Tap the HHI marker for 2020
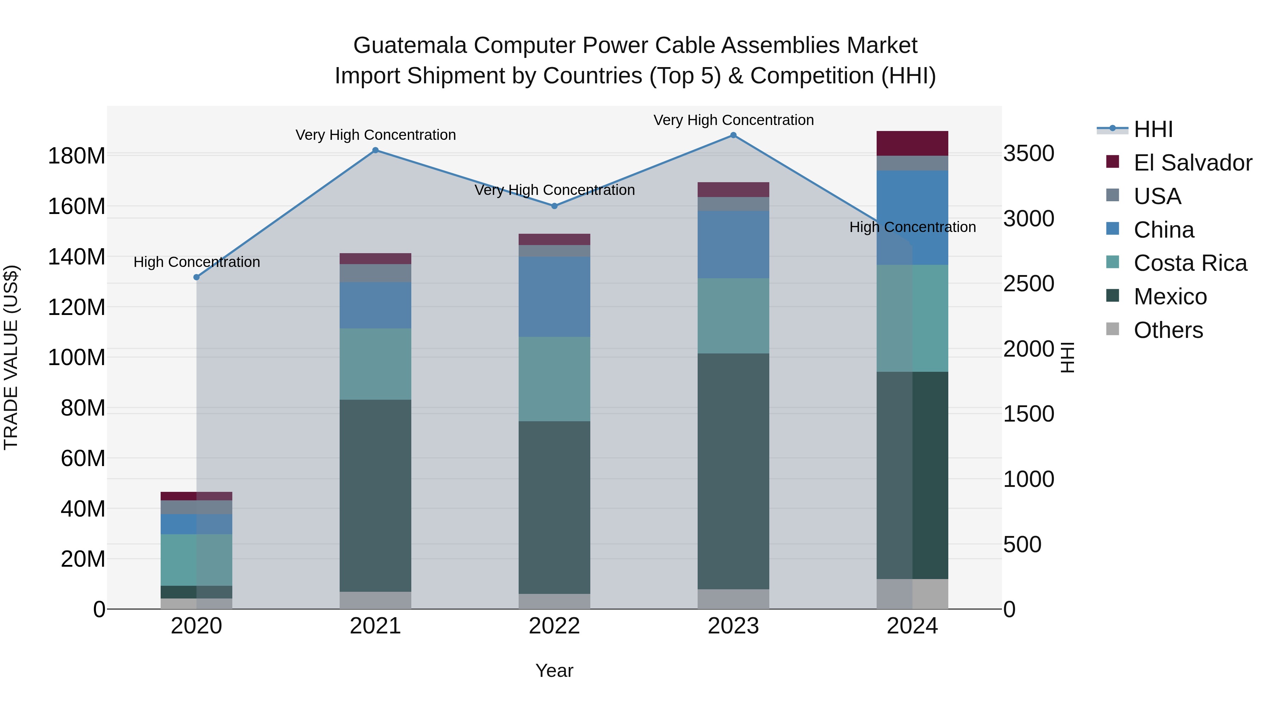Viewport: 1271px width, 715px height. (x=196, y=277)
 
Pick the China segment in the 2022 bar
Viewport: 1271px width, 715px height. (x=554, y=297)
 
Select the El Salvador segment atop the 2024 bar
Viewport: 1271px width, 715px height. (x=912, y=144)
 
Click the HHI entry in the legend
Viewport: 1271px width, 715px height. (x=1153, y=129)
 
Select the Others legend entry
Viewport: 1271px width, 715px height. (x=1168, y=330)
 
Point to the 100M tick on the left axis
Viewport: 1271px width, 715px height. (x=77, y=357)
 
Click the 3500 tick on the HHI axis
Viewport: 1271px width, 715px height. (x=1029, y=154)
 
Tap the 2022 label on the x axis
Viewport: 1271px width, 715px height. (x=554, y=626)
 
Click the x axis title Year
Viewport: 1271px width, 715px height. (x=554, y=671)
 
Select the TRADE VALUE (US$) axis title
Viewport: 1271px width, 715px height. (x=11, y=357)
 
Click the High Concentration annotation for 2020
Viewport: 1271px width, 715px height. (x=196, y=262)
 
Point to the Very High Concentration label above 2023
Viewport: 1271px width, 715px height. (x=733, y=120)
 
